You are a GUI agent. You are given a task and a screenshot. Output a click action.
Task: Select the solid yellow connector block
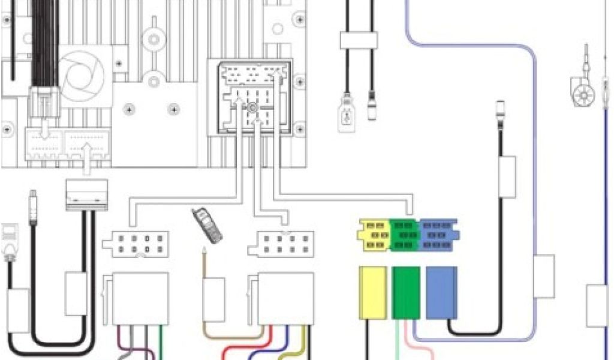click(372, 292)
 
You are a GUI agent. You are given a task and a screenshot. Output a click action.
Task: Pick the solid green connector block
click(406, 292)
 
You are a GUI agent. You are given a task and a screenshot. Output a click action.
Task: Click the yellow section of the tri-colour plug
click(374, 235)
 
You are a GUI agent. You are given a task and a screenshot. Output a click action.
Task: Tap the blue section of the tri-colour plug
click(438, 235)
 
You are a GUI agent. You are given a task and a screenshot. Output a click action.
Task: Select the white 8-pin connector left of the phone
click(135, 244)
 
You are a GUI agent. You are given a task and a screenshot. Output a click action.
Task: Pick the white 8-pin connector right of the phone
click(281, 244)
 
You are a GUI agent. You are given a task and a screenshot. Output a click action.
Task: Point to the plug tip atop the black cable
click(500, 112)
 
